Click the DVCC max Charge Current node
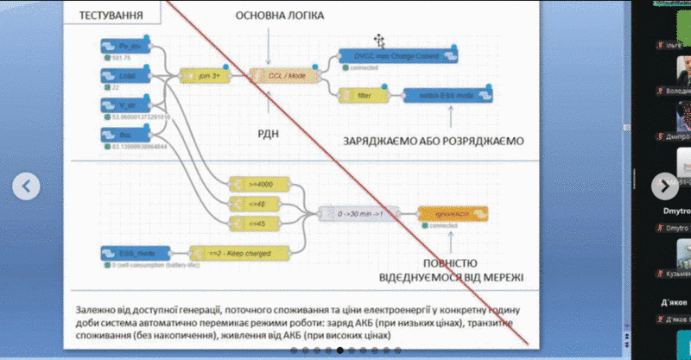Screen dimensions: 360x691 [397, 56]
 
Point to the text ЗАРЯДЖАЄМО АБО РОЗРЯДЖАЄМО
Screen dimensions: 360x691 [434, 140]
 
